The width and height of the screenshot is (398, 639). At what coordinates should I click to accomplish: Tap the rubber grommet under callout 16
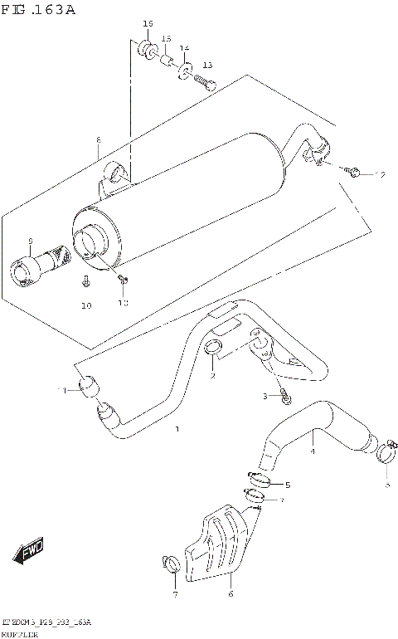coord(146,49)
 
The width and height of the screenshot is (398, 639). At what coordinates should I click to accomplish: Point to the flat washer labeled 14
coord(183,69)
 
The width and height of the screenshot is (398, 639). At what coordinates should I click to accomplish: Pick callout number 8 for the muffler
coord(98,139)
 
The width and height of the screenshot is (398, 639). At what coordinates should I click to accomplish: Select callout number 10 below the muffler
coord(85,306)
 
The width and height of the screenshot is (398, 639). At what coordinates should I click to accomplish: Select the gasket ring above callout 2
coord(213,349)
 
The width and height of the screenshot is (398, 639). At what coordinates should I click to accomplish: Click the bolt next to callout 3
coord(285,398)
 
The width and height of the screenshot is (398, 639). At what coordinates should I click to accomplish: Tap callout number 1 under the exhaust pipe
coord(176,429)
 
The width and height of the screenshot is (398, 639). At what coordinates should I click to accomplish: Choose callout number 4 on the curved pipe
coord(312,451)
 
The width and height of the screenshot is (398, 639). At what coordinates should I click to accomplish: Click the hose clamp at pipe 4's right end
coord(385,452)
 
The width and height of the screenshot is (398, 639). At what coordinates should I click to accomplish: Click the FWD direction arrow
coord(30,551)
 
